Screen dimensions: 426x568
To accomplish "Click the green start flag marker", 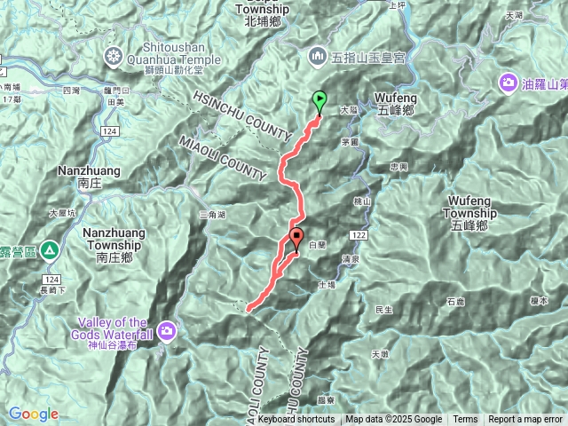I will click(x=319, y=101).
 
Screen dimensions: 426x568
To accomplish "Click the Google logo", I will click(x=33, y=414).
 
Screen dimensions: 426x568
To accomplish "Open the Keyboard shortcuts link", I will click(x=297, y=420).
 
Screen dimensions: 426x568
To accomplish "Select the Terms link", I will click(x=465, y=420).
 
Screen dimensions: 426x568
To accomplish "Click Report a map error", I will click(x=525, y=420).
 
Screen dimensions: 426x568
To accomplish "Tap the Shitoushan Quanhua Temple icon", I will click(x=114, y=58).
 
